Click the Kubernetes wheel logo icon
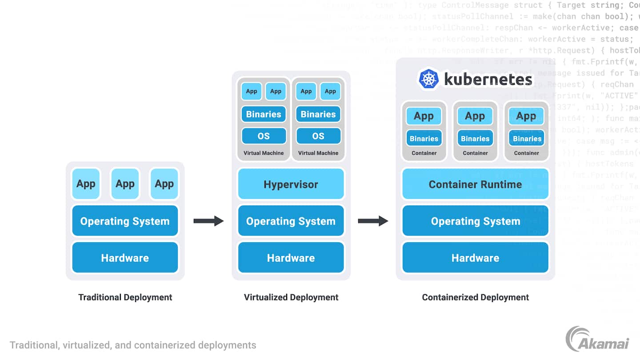428,80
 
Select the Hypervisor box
291,184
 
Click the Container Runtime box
475,184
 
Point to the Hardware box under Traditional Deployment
125,257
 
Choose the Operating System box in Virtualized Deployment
291,221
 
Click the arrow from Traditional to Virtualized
208,221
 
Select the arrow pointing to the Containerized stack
373,221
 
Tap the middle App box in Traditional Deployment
125,184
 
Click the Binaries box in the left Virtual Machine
264,114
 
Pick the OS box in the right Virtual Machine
318,136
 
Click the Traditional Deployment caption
125,297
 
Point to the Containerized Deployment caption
475,297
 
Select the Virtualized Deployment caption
291,297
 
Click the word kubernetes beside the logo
488,80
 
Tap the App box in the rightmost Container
526,116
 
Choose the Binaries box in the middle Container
475,139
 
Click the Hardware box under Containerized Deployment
475,257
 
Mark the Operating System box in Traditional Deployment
125,221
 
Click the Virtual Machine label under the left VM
264,153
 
